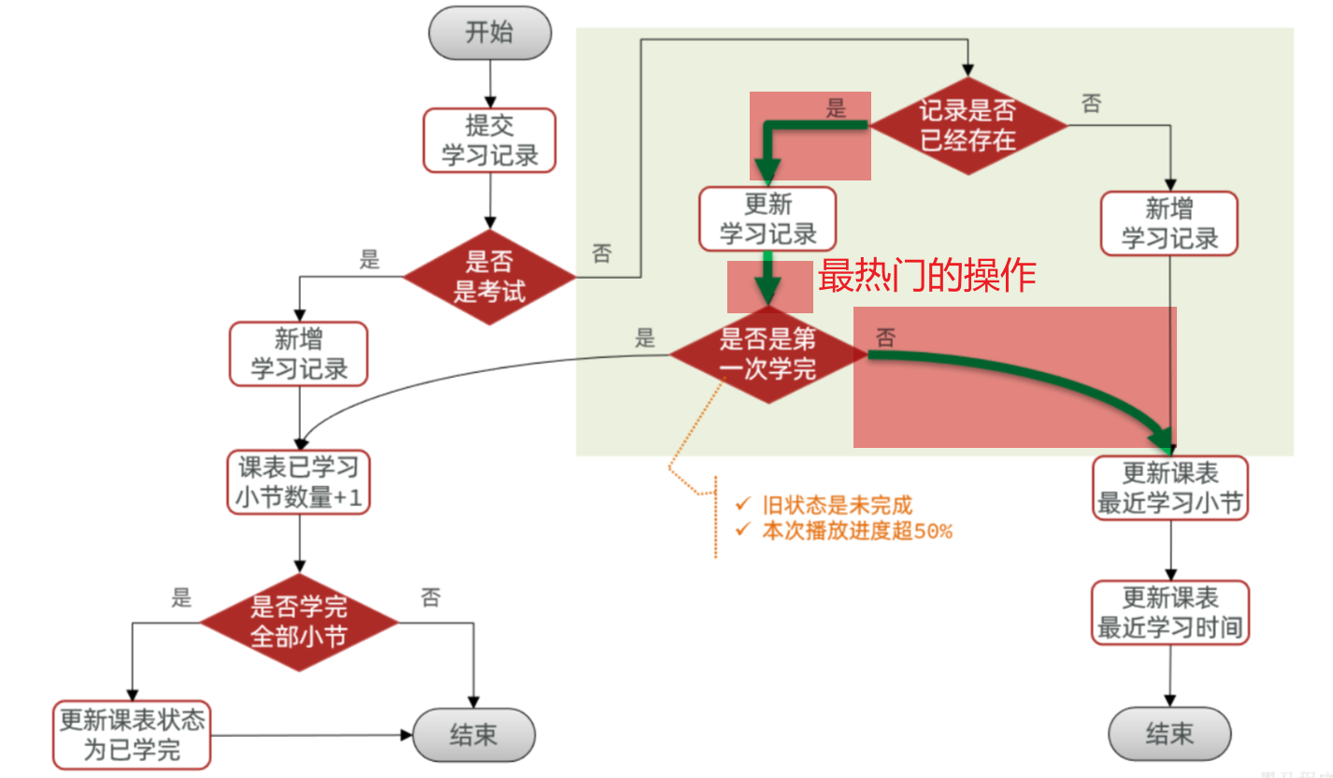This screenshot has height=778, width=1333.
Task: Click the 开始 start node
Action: click(x=489, y=34)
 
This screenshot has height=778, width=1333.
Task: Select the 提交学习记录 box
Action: click(x=489, y=140)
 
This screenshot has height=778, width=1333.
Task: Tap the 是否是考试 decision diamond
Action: click(x=489, y=277)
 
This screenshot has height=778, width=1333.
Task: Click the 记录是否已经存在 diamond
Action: click(x=967, y=125)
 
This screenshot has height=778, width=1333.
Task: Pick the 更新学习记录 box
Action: click(x=767, y=219)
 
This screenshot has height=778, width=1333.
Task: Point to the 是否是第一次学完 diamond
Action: click(x=768, y=353)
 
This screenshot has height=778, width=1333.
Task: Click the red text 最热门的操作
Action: click(x=926, y=276)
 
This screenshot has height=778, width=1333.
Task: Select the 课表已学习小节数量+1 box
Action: click(x=299, y=482)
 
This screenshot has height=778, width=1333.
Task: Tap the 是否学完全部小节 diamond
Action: click(x=299, y=623)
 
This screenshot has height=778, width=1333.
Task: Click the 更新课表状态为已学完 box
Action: click(x=132, y=735)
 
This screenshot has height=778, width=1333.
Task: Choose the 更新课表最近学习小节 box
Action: click(x=1170, y=487)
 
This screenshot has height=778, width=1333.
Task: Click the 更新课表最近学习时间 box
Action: click(x=1170, y=612)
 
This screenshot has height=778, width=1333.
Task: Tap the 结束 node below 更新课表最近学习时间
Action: click(x=1169, y=733)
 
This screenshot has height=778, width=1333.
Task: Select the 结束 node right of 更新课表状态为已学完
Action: click(x=473, y=734)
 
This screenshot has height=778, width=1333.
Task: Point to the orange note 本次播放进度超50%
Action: click(x=856, y=531)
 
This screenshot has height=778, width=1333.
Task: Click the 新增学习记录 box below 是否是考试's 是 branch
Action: click(x=299, y=353)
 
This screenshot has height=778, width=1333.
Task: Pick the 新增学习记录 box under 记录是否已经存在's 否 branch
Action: click(x=1169, y=223)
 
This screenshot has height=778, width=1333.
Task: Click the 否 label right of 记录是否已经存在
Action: click(x=1091, y=103)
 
